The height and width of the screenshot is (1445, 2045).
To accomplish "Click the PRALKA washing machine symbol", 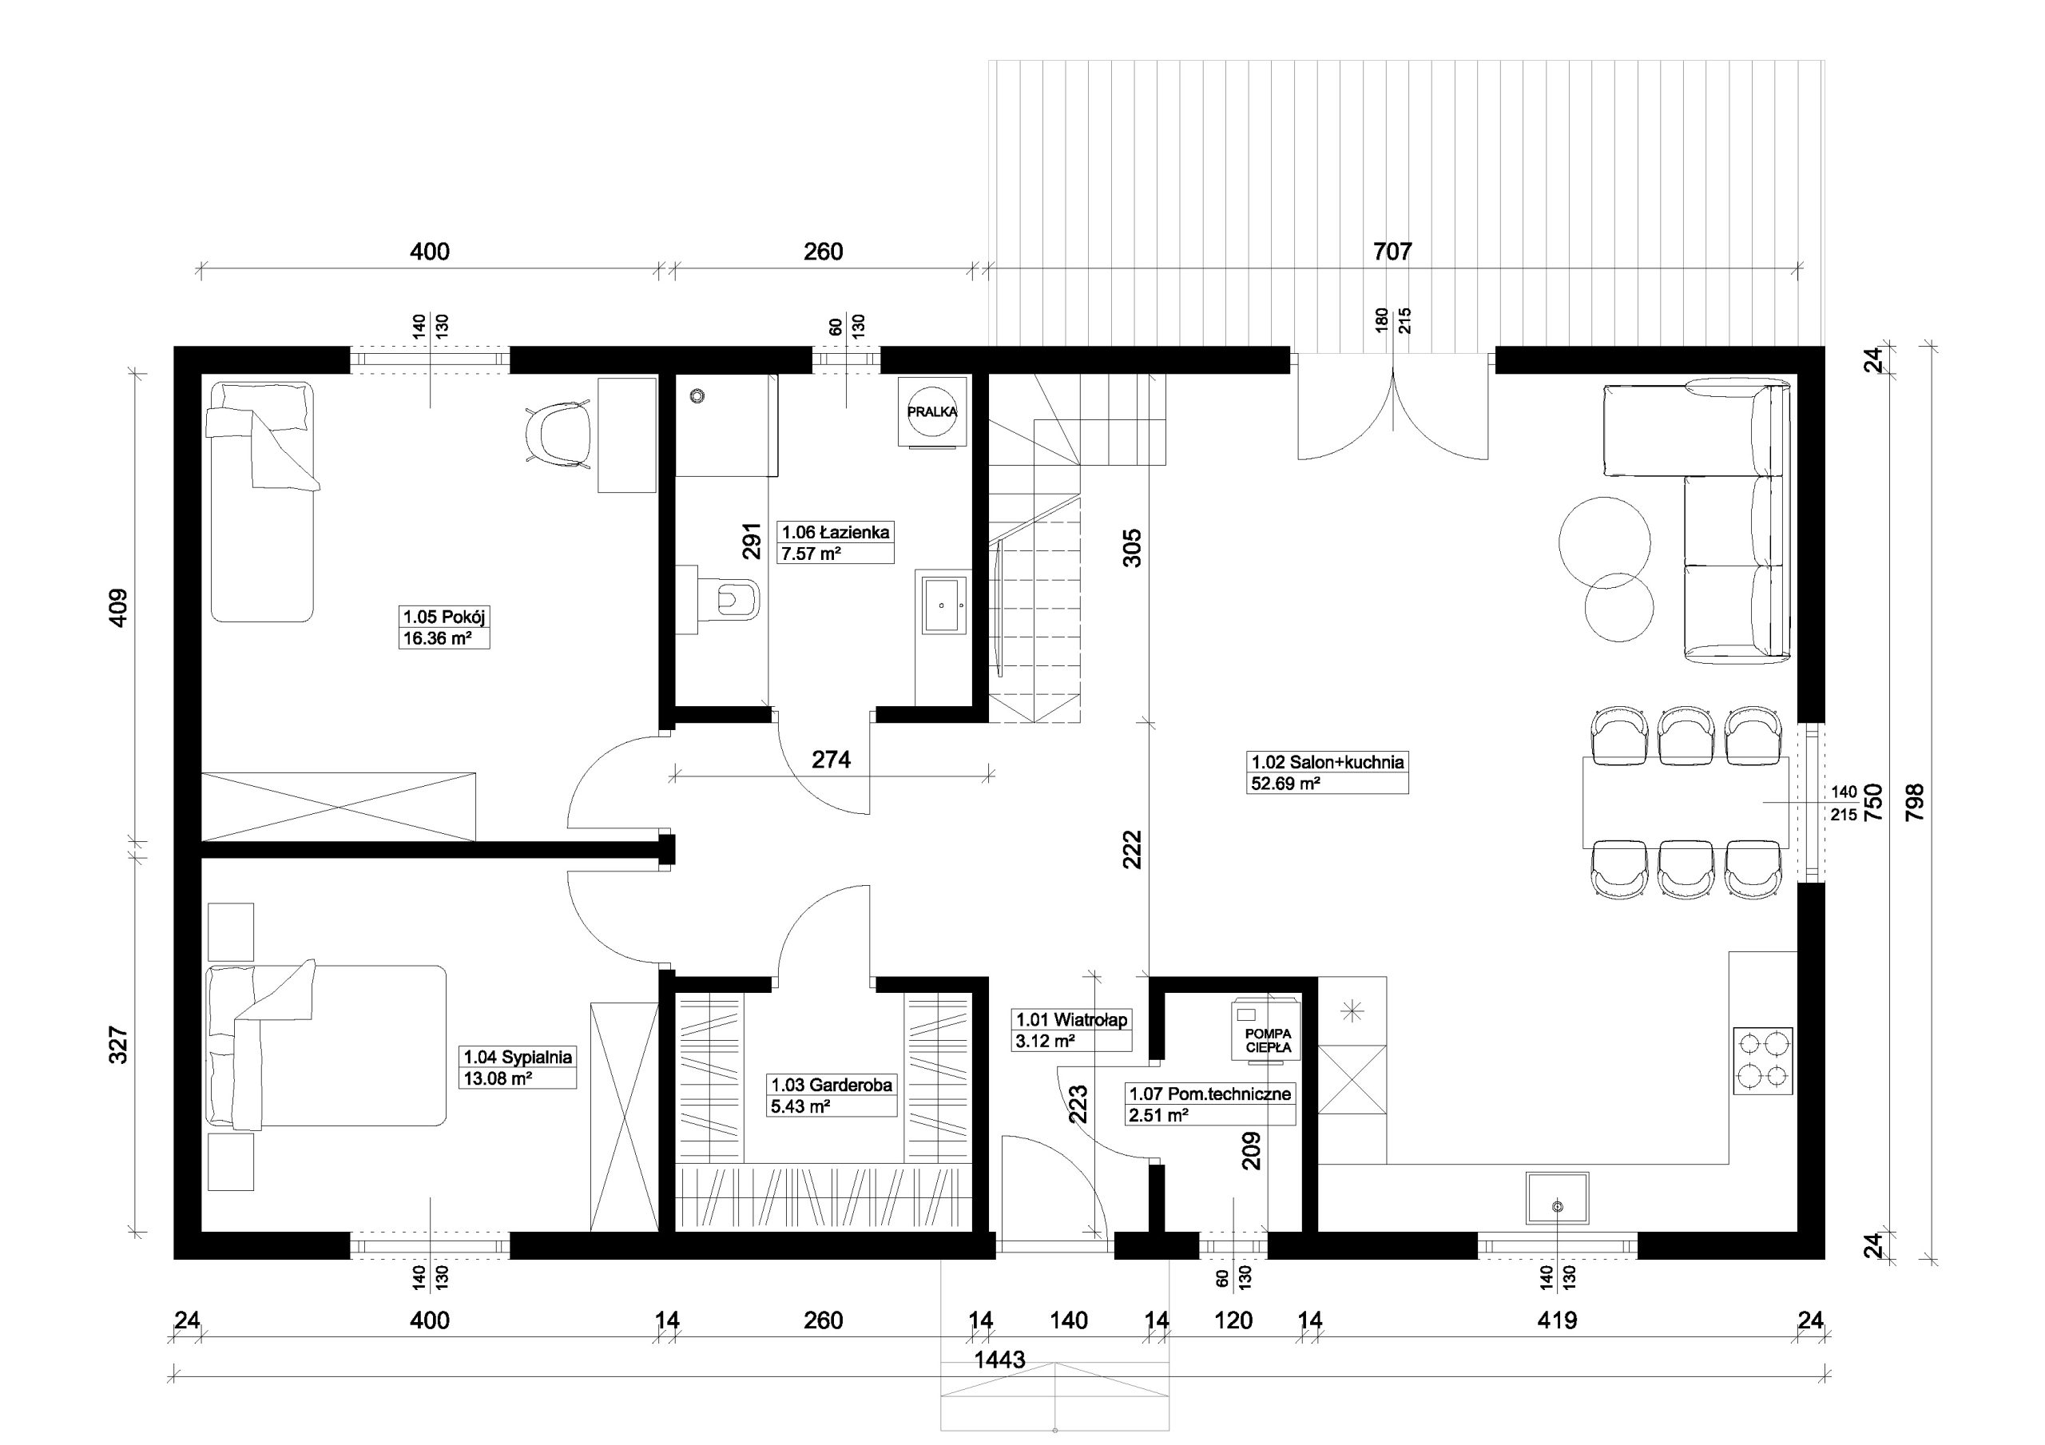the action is (x=931, y=411).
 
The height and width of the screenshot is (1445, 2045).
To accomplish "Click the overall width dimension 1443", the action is (x=999, y=1360).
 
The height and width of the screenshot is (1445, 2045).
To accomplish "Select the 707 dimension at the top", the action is (x=1392, y=252).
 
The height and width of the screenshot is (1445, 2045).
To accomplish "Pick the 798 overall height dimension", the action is (x=1913, y=802).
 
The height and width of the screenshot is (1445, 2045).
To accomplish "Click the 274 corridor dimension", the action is (x=831, y=760).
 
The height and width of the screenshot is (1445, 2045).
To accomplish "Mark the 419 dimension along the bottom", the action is (x=1557, y=1320).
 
